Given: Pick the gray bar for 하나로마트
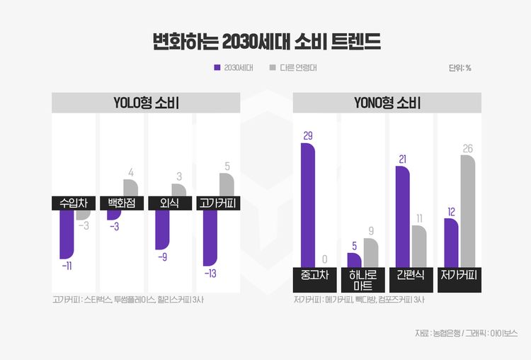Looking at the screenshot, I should click(371, 252).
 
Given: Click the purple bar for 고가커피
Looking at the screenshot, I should click(210, 237).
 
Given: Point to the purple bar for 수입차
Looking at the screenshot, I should click(67, 234).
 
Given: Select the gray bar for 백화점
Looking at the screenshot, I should click(130, 188).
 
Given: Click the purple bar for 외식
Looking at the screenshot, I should click(163, 230).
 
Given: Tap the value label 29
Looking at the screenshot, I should click(308, 135).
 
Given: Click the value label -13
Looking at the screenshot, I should click(210, 273).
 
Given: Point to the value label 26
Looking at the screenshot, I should click(467, 149).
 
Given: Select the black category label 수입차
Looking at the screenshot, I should click(74, 203).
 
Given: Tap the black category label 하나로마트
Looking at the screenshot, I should click(362, 280).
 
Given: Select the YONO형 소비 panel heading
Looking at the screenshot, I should click(387, 103).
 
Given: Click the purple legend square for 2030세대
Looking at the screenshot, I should click(217, 68).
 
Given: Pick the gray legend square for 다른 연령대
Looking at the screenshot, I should click(273, 68).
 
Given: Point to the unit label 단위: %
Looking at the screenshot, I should click(460, 68).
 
